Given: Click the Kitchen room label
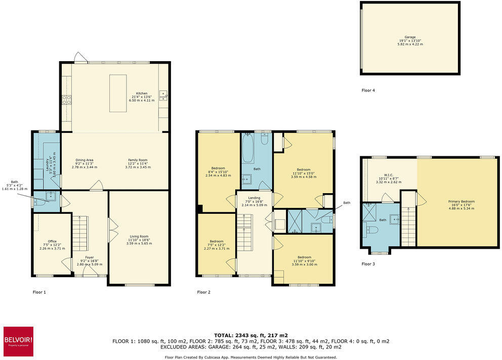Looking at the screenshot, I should (x=142, y=94).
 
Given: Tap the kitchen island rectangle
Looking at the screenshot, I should (x=118, y=94).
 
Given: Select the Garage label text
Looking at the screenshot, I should (x=410, y=37).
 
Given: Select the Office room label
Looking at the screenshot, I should (x=52, y=241).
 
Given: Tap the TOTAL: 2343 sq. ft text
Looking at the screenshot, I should (x=251, y=335).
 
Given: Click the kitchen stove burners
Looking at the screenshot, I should (x=66, y=100).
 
